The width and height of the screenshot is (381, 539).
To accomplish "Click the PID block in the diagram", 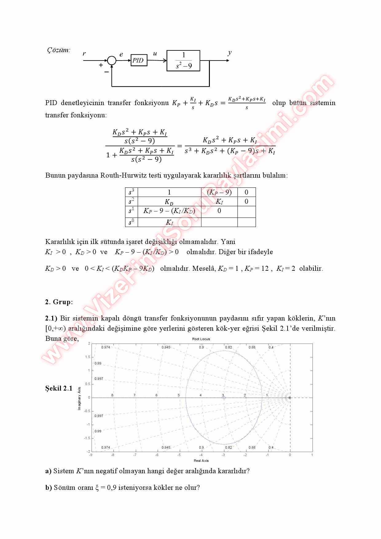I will pos(139,60).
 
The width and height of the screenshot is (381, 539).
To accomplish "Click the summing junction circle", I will pos(112,61).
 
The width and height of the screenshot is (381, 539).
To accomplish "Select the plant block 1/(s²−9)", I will pos(183,61).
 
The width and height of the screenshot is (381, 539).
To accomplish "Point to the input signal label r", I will pos(84,54).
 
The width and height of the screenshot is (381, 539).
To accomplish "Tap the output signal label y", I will pos(230,53).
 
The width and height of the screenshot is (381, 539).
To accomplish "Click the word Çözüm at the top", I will pos(58,50).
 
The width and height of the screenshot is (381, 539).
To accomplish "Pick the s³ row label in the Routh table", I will pos(132,192).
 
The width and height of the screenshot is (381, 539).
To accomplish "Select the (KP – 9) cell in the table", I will pos(219,192).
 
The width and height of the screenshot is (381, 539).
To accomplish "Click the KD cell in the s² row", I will pos(169,202).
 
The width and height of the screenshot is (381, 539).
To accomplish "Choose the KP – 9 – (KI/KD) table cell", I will pos(169,211).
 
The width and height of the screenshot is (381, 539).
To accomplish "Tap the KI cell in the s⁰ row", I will pos(169,222).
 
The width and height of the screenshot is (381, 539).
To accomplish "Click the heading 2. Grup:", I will pos(59,302).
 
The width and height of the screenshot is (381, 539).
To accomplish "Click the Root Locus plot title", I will pos(201,339).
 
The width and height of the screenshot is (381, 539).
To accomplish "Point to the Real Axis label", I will pos(201,461).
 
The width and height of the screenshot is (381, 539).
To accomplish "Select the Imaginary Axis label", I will pos(79,398).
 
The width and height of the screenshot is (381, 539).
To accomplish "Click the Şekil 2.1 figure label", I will pos(59,388).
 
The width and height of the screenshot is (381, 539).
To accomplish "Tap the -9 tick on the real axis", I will pos(91,455).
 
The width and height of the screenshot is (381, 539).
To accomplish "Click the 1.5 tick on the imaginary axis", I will pos(88,357).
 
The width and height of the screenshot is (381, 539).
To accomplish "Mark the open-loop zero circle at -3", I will pos(224,398).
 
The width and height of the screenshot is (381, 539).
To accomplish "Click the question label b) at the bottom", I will pos(49,487).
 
